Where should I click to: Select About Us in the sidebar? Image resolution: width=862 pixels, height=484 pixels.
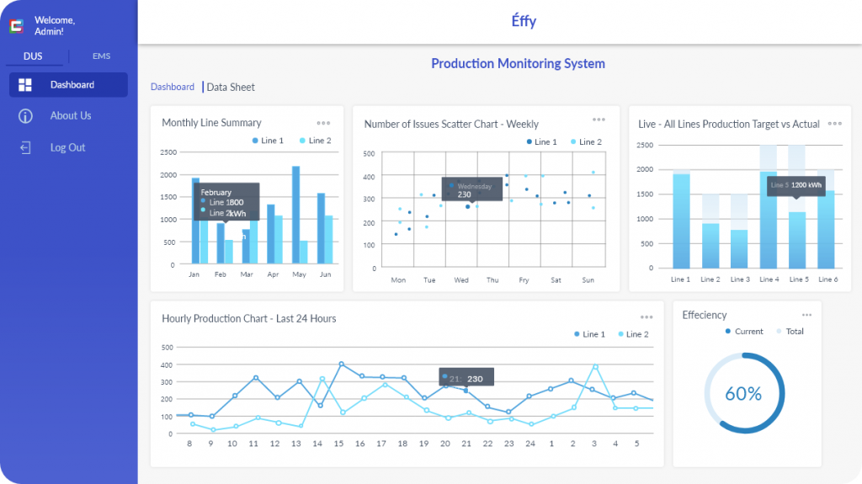click(70, 116)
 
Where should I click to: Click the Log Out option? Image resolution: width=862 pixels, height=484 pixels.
click(67, 148)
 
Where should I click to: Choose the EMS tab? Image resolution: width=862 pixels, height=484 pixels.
click(101, 56)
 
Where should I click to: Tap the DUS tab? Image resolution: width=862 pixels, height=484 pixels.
click(33, 56)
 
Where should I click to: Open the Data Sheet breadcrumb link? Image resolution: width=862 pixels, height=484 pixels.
click(231, 88)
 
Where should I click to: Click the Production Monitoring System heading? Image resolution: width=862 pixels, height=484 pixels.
click(518, 64)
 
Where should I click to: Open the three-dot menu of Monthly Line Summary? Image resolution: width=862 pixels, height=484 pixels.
click(323, 123)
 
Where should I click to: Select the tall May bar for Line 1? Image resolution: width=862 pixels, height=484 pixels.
click(296, 215)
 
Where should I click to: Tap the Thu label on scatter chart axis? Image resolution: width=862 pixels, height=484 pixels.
click(492, 280)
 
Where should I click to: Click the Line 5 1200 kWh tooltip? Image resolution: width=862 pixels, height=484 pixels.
click(795, 184)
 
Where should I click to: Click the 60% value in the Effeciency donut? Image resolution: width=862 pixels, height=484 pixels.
click(744, 394)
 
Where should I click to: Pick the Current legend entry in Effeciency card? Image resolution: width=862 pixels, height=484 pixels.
click(743, 332)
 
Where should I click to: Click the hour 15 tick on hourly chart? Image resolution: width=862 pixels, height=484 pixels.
click(338, 444)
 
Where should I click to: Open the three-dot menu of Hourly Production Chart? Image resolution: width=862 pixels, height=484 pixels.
click(646, 317)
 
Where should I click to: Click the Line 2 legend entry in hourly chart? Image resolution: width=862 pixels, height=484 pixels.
click(632, 334)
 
